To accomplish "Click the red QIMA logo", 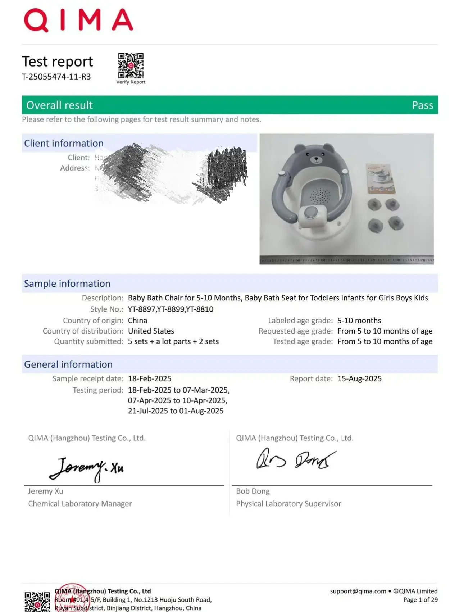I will [78, 20].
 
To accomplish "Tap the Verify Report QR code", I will [131, 65].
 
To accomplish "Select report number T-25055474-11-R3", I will [56, 77].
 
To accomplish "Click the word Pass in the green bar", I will [422, 105].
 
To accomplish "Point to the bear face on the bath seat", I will [316, 156].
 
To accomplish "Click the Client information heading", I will [64, 143].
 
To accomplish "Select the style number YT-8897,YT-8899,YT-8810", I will [171, 309].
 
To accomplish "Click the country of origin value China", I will [137, 321].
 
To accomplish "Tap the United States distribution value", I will [151, 331].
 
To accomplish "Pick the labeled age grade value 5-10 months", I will [359, 321].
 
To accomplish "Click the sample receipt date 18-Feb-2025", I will [150, 378].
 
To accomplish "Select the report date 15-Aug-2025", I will [359, 378].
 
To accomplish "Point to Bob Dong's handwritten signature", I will [296, 459].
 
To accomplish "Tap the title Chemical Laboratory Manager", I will [80, 504].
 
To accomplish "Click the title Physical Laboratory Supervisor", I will [288, 504].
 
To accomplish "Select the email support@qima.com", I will [358, 591].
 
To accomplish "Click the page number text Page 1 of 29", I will [420, 600].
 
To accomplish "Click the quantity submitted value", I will [173, 341].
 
